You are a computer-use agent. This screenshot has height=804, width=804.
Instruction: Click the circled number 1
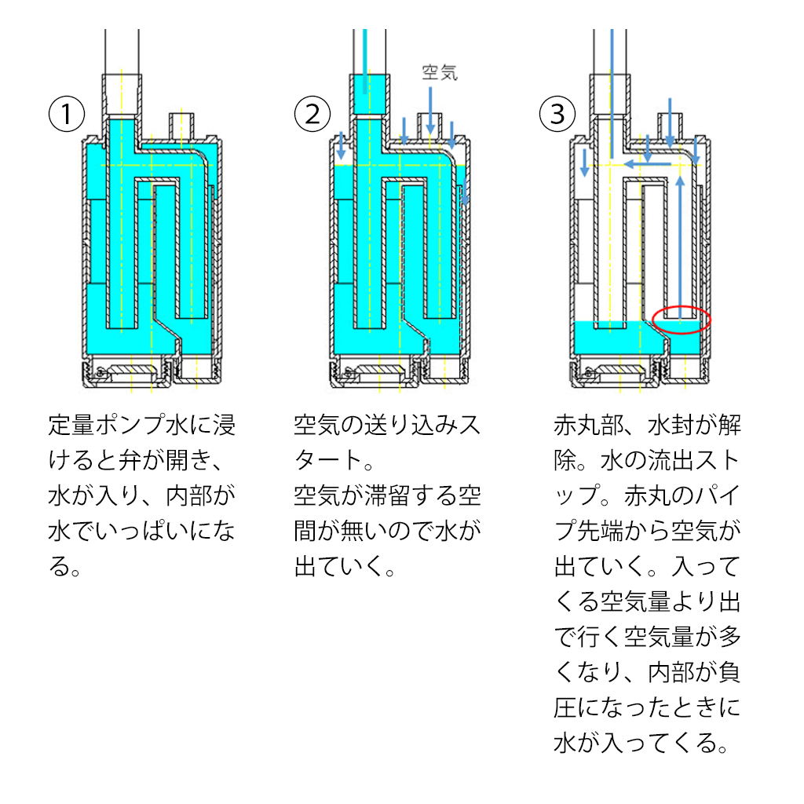point(68,115)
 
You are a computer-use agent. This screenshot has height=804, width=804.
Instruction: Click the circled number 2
point(313,115)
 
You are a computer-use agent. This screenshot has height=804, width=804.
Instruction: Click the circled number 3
point(557,115)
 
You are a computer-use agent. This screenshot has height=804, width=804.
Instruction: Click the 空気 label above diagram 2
point(440,74)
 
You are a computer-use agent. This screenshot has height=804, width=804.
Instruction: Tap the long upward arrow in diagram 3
point(680,243)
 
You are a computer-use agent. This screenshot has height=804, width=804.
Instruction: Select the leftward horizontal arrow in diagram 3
point(649,163)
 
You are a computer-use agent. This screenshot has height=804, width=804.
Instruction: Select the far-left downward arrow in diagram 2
point(342,145)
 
